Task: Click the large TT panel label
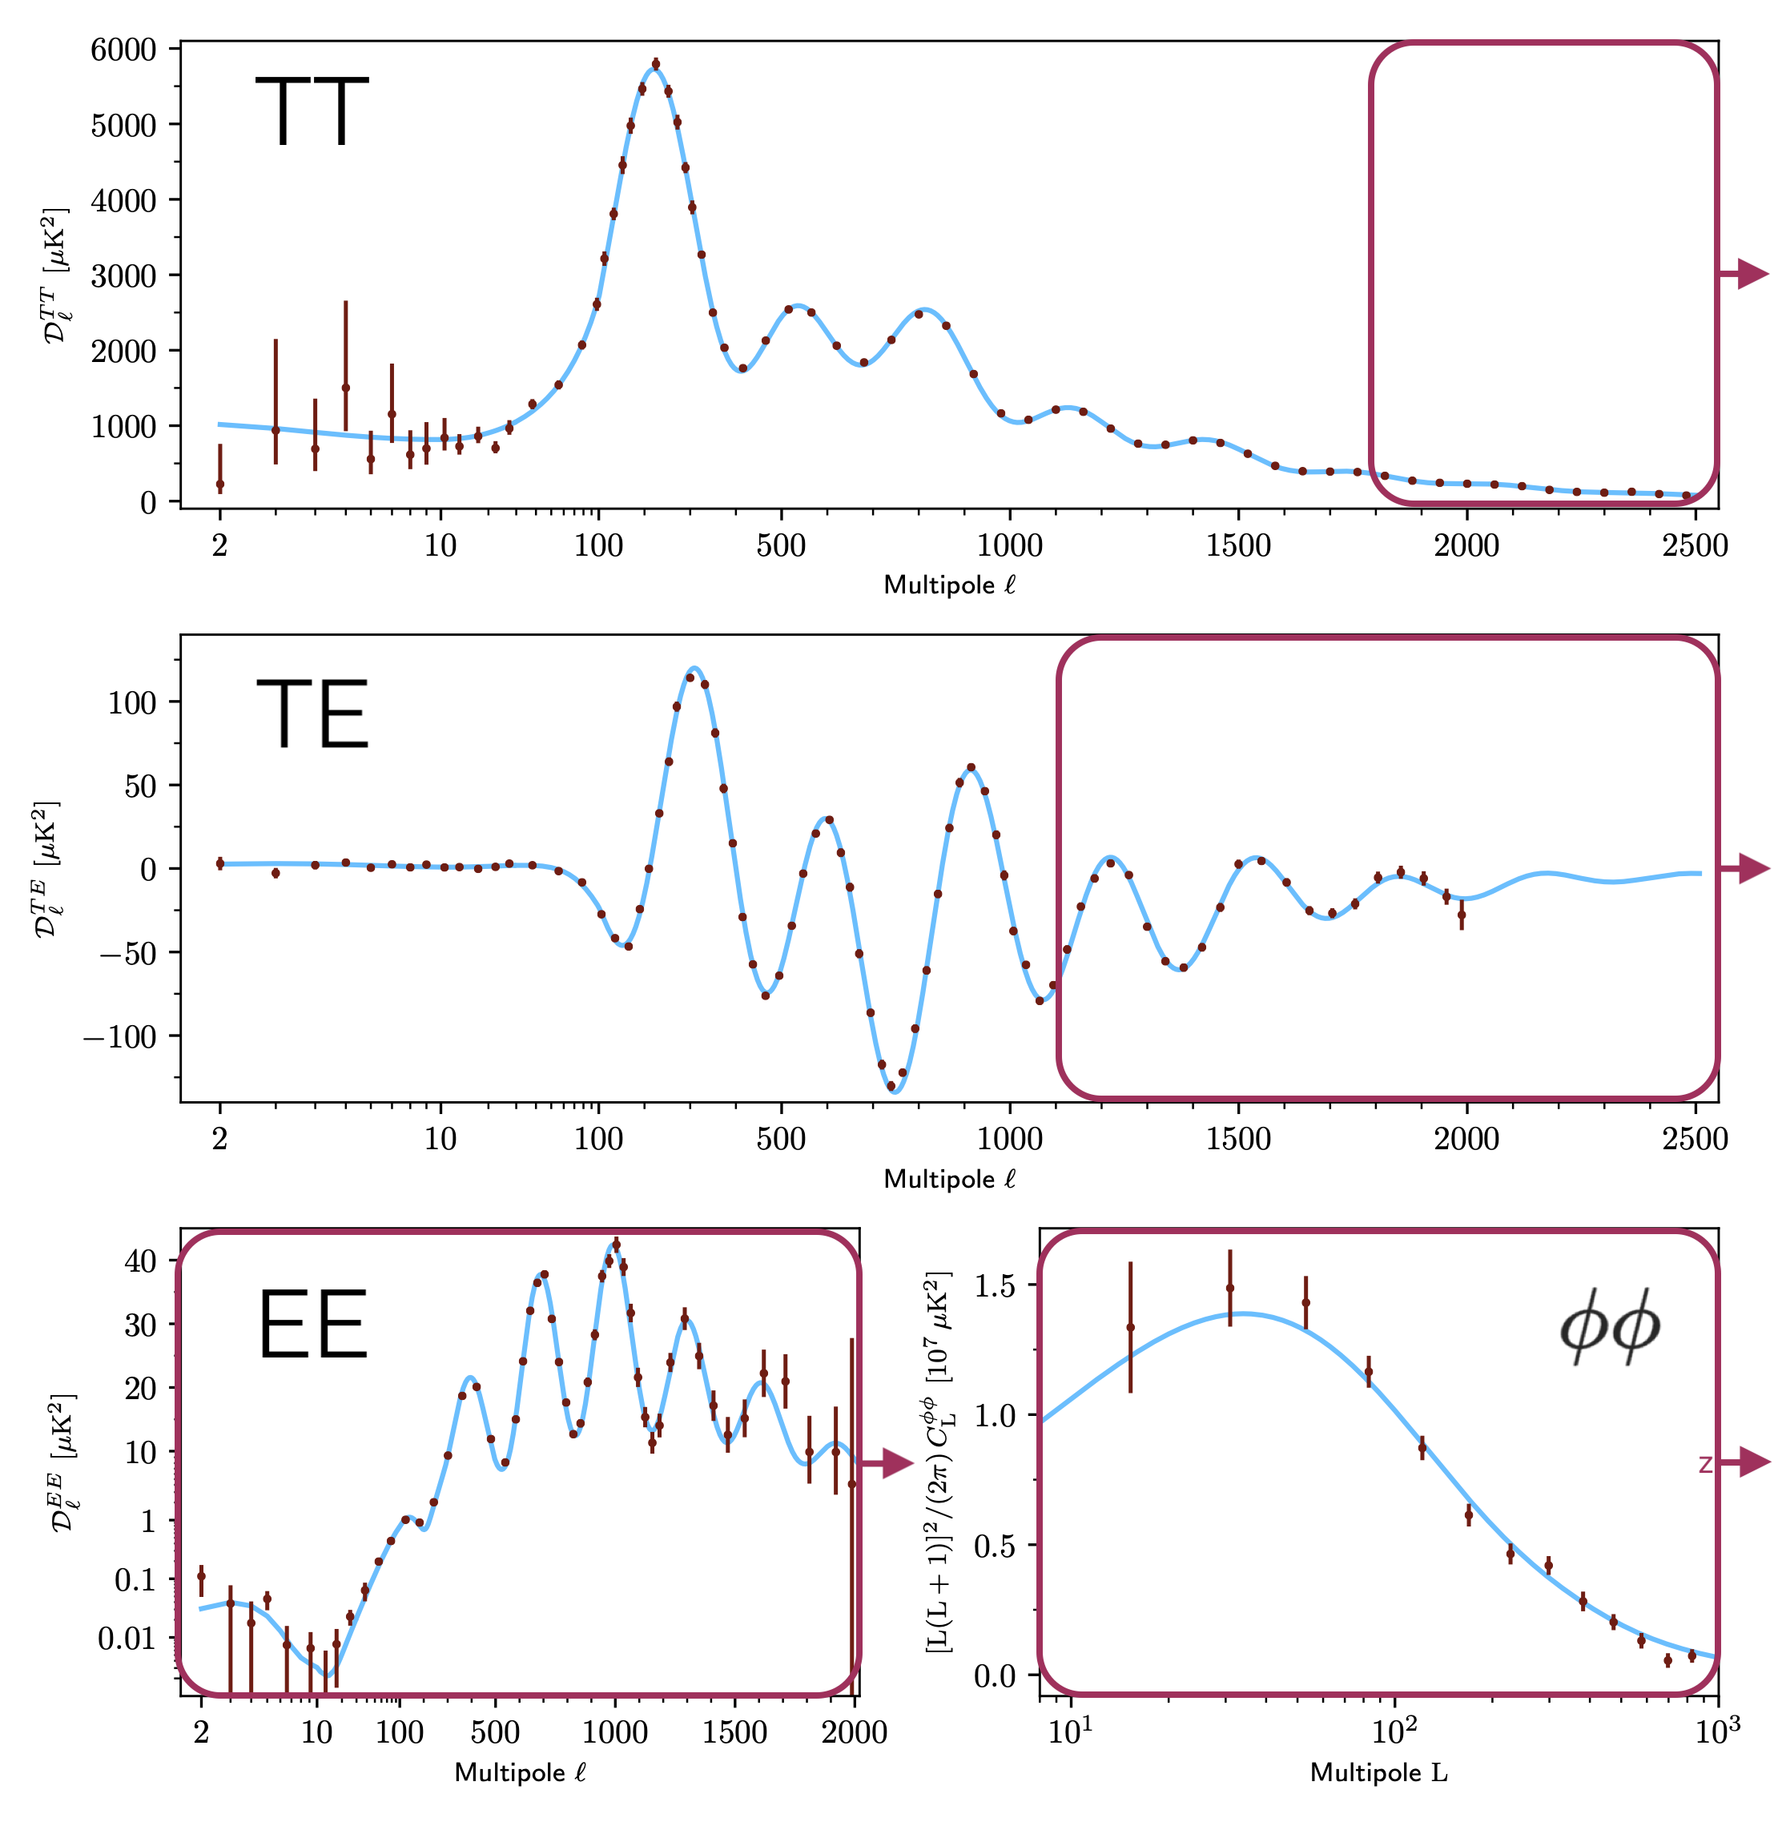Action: pyautogui.click(x=311, y=112)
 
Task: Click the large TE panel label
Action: pyautogui.click(x=312, y=714)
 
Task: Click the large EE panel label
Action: pyautogui.click(x=312, y=1326)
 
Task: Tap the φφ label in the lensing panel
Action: pyautogui.click(x=1610, y=1328)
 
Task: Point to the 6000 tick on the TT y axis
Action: pyautogui.click(x=123, y=50)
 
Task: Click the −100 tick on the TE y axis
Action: pyautogui.click(x=119, y=1036)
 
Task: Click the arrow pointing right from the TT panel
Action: pyautogui.click(x=1745, y=275)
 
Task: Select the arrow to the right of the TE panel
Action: pyautogui.click(x=1745, y=868)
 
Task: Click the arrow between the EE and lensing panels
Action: pyautogui.click(x=887, y=1463)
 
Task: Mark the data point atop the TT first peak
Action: pyautogui.click(x=656, y=64)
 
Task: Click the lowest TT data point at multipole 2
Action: pyautogui.click(x=220, y=485)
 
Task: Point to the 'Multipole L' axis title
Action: pyautogui.click(x=1378, y=1772)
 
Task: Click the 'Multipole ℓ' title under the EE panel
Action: pyautogui.click(x=520, y=1772)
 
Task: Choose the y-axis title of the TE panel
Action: pyautogui.click(x=46, y=868)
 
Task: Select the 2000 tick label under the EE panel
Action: pyautogui.click(x=854, y=1732)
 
